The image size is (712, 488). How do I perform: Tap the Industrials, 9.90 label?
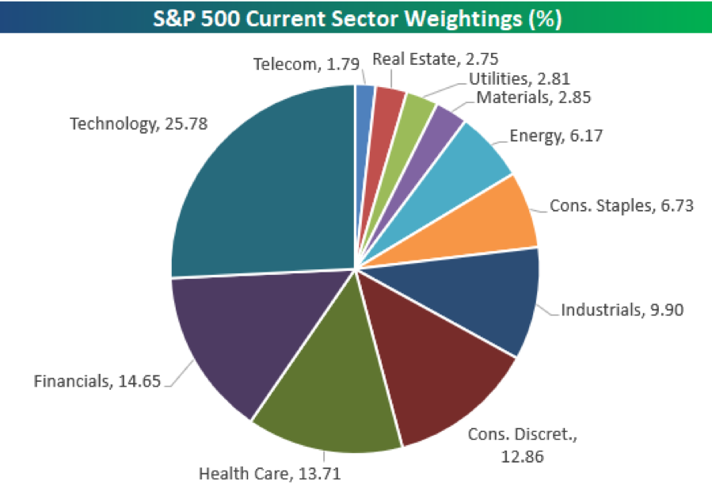pyautogui.click(x=622, y=309)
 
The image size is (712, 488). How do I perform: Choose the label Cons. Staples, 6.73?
pyautogui.click(x=622, y=206)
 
